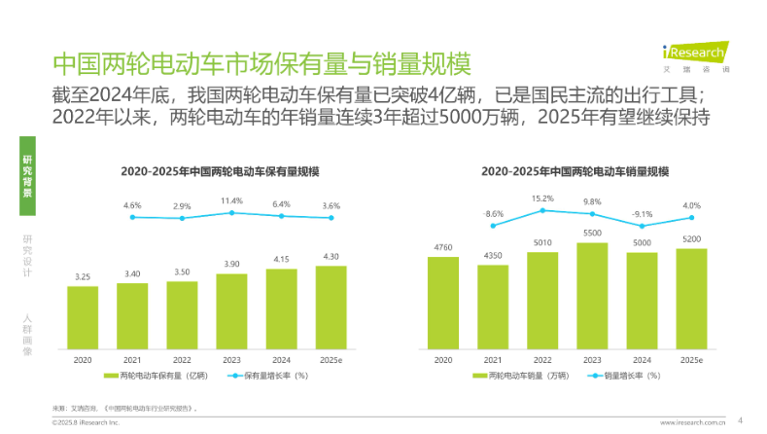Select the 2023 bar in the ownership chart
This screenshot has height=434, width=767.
(x=231, y=308)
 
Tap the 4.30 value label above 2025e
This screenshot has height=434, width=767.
(x=331, y=256)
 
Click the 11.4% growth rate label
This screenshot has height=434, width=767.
(x=231, y=200)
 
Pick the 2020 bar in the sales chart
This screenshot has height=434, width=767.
(x=442, y=301)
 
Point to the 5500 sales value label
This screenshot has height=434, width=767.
(x=592, y=233)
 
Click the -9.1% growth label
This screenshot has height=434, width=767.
(x=642, y=213)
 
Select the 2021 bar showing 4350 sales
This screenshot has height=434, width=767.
(x=493, y=306)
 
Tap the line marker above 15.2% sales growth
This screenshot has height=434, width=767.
(x=542, y=210)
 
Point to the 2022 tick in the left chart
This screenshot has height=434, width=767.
(x=182, y=359)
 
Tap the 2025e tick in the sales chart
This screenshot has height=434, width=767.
(x=691, y=359)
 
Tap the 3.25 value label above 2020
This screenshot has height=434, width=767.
(x=83, y=276)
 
